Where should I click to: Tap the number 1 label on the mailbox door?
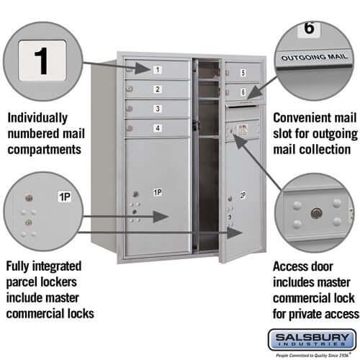click(x=157, y=70)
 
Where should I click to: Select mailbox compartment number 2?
click(x=157, y=89)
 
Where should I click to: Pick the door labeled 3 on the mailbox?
click(x=157, y=109)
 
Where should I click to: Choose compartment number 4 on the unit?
click(x=157, y=128)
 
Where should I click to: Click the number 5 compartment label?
click(x=243, y=73)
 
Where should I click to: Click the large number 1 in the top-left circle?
click(x=42, y=60)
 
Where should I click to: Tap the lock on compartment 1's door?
click(x=130, y=70)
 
